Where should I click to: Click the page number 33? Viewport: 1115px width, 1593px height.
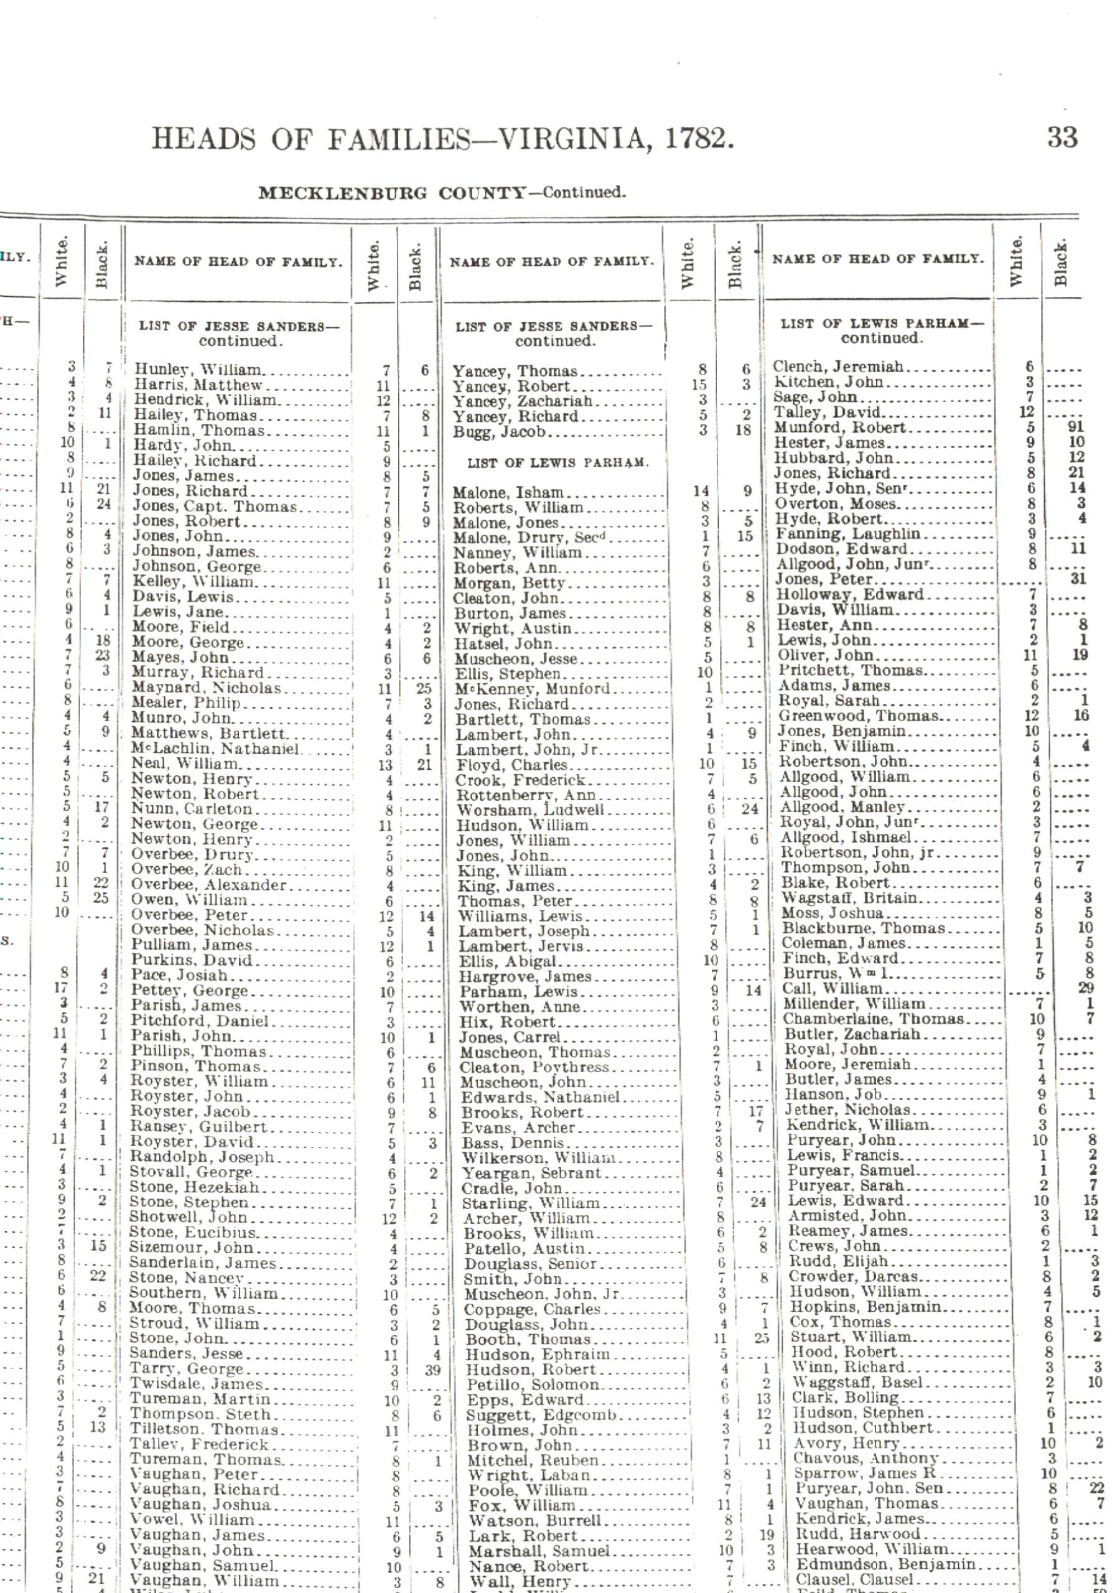1061,138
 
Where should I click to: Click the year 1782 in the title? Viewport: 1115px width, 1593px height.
698,139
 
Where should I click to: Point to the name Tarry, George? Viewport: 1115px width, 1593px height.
187,1369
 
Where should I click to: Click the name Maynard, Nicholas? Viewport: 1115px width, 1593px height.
206,688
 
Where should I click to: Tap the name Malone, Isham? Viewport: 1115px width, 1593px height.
508,493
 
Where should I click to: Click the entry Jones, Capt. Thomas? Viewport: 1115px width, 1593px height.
215,506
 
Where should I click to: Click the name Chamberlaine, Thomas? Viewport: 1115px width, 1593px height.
874,1019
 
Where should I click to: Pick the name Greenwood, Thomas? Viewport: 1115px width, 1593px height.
858,716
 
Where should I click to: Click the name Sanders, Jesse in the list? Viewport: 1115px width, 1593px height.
186,1353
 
